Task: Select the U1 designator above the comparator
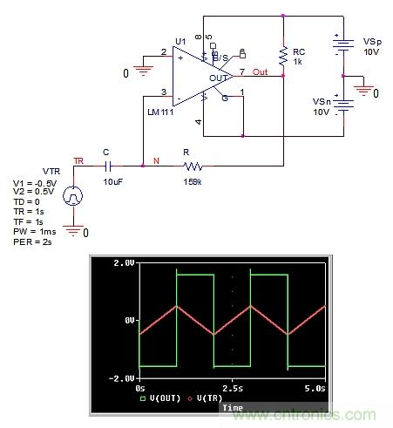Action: coord(180,41)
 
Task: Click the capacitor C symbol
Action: coord(108,163)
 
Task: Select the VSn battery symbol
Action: coord(339,105)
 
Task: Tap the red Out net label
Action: coord(260,71)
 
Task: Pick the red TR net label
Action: coord(79,161)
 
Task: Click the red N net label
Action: coord(157,160)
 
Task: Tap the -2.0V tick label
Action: coord(122,378)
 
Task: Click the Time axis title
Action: coord(233,407)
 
